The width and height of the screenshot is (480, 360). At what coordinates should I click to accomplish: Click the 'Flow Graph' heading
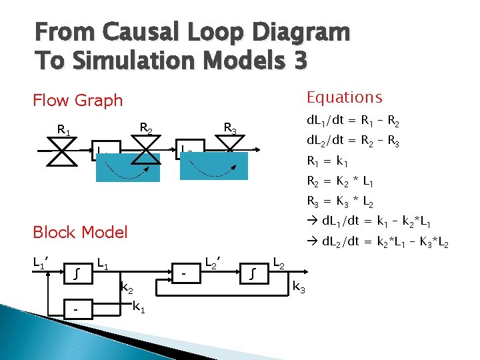pyautogui.click(x=78, y=101)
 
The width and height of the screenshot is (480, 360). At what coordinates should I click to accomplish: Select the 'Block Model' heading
pyautogui.click(x=80, y=232)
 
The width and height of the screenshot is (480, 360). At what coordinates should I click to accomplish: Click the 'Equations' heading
pyautogui.click(x=344, y=97)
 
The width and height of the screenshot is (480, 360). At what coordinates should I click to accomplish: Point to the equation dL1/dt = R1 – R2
pyautogui.click(x=353, y=122)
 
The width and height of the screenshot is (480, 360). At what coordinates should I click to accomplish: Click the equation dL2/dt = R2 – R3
pyautogui.click(x=353, y=141)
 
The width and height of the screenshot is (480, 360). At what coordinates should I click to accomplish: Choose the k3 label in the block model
pyautogui.click(x=300, y=287)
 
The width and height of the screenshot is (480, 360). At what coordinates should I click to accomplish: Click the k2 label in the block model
pyautogui.click(x=126, y=289)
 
